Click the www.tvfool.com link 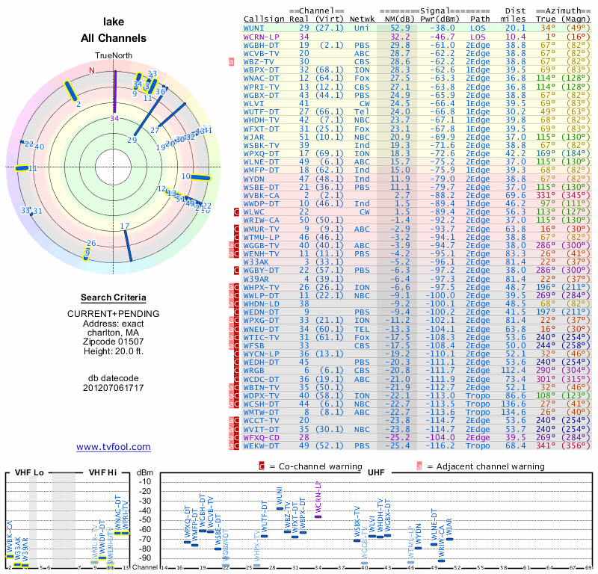(113, 447)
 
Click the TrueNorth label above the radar (114, 56)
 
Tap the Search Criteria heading (114, 297)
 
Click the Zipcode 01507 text (114, 339)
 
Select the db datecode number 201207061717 (114, 387)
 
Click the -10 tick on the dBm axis (144, 481)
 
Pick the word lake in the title (114, 22)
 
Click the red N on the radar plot (93, 71)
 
